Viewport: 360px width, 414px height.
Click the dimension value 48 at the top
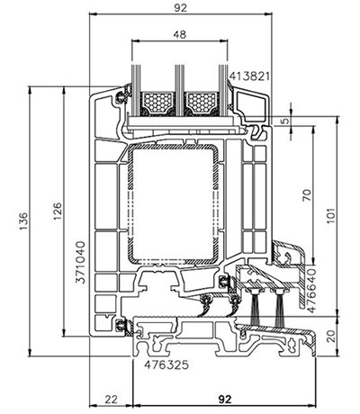[x=180, y=34]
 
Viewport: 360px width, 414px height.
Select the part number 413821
[x=249, y=76]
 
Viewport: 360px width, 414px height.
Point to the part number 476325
[x=166, y=364]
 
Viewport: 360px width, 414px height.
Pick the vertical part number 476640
[x=311, y=291]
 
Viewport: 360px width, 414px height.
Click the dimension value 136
[x=23, y=221]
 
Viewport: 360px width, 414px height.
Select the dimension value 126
[x=58, y=211]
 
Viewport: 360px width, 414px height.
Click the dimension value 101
[x=330, y=215]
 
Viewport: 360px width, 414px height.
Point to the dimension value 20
[x=331, y=337]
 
